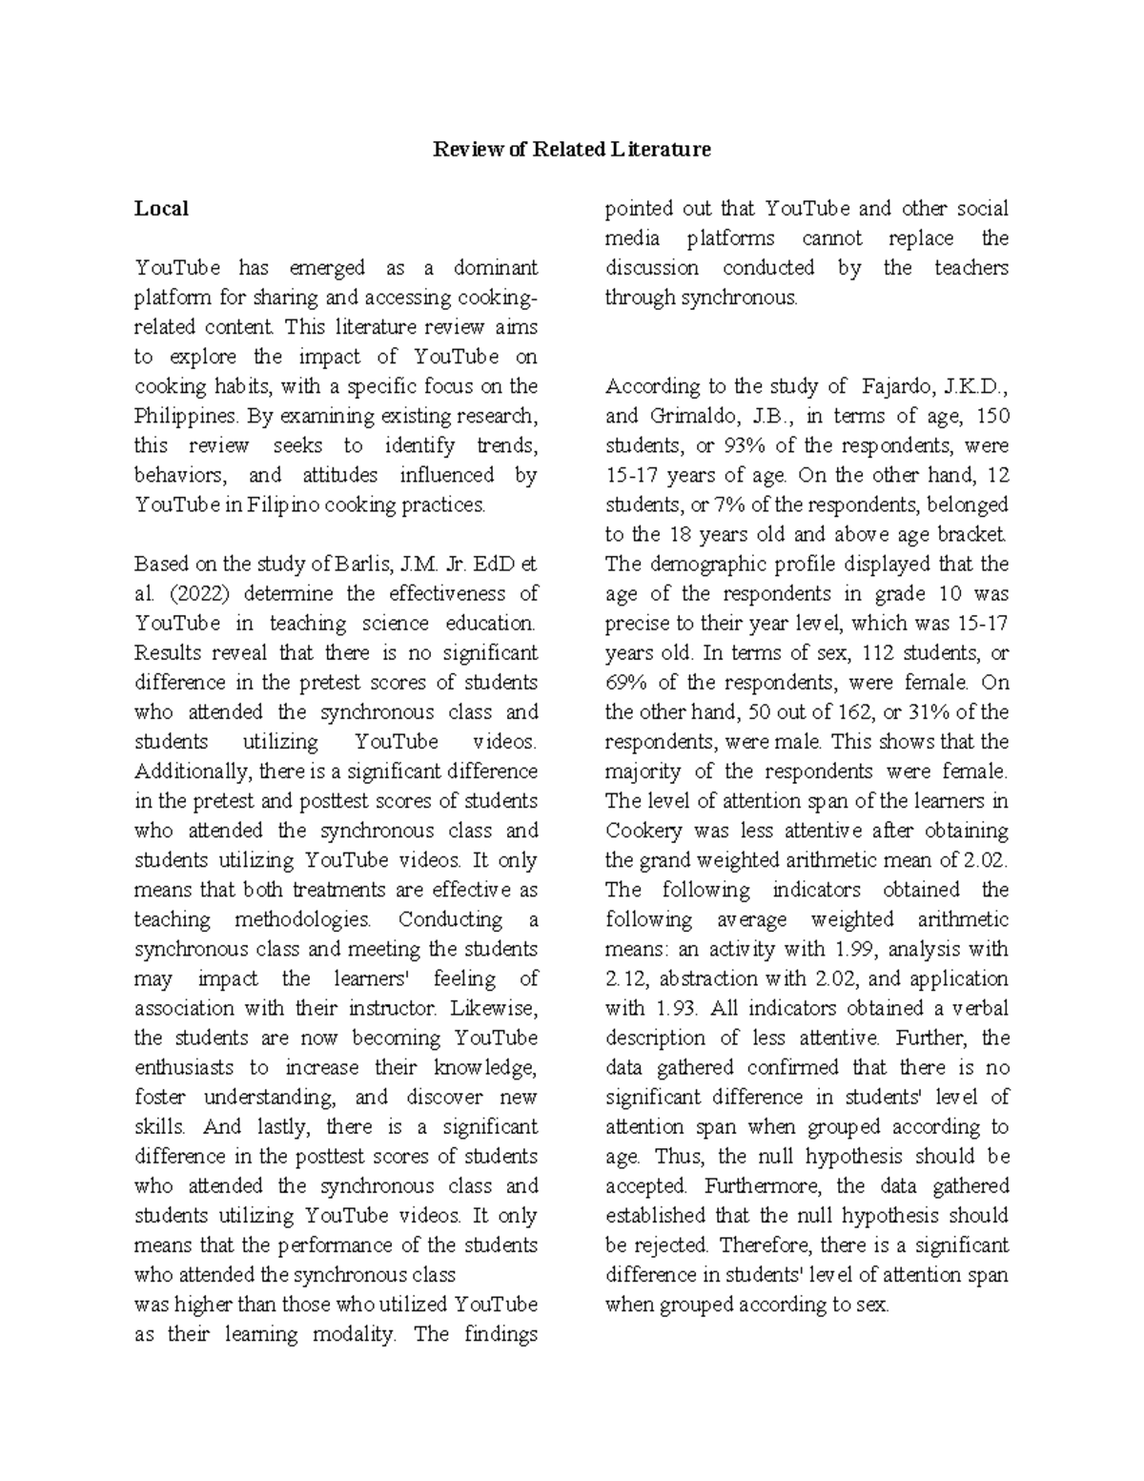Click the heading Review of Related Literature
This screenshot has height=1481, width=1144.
[572, 150]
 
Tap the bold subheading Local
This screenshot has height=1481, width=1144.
[161, 209]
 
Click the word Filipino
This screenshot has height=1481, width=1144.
[283, 504]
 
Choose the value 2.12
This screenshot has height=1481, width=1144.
[624, 979]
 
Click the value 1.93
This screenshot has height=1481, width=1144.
[677, 1009]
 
